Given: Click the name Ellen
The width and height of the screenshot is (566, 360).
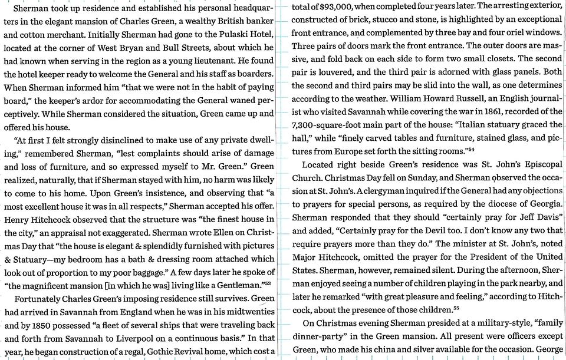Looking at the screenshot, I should (x=228, y=232).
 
